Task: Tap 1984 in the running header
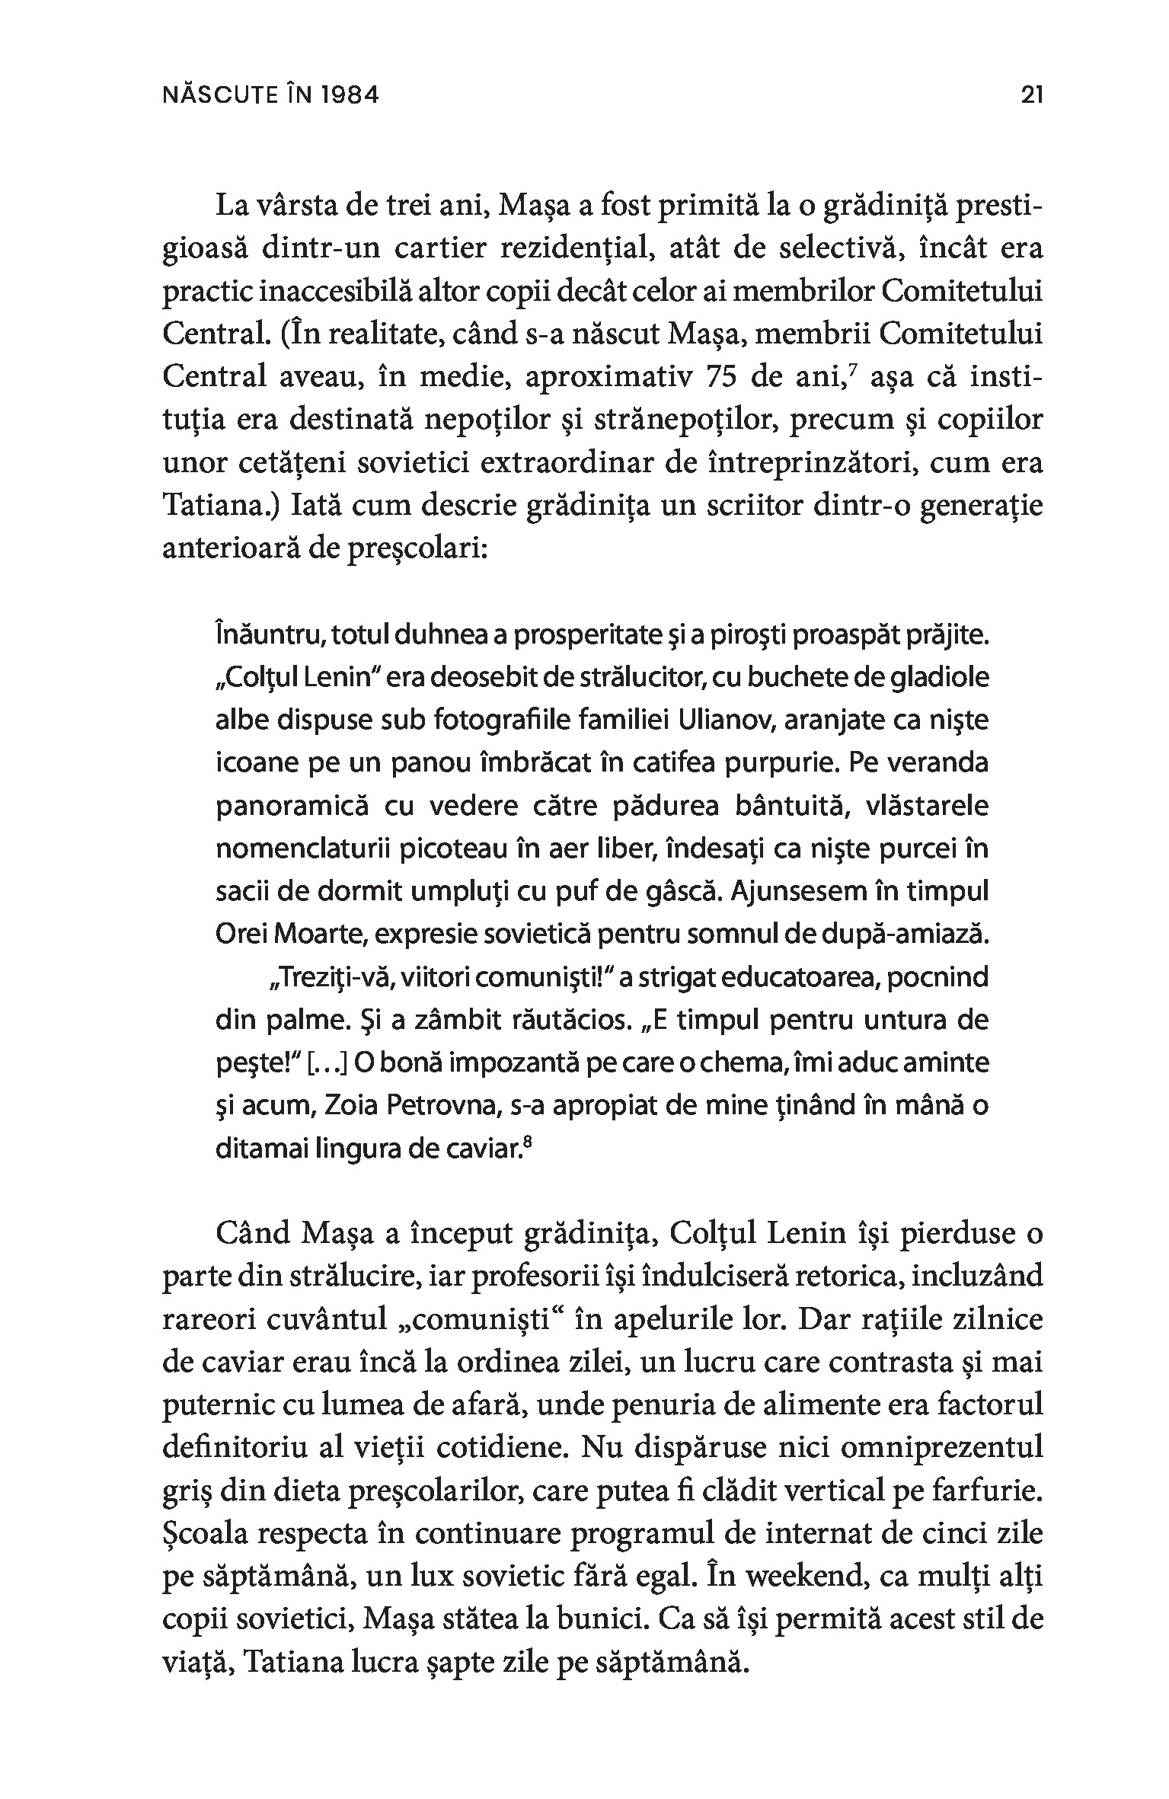click(x=349, y=95)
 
